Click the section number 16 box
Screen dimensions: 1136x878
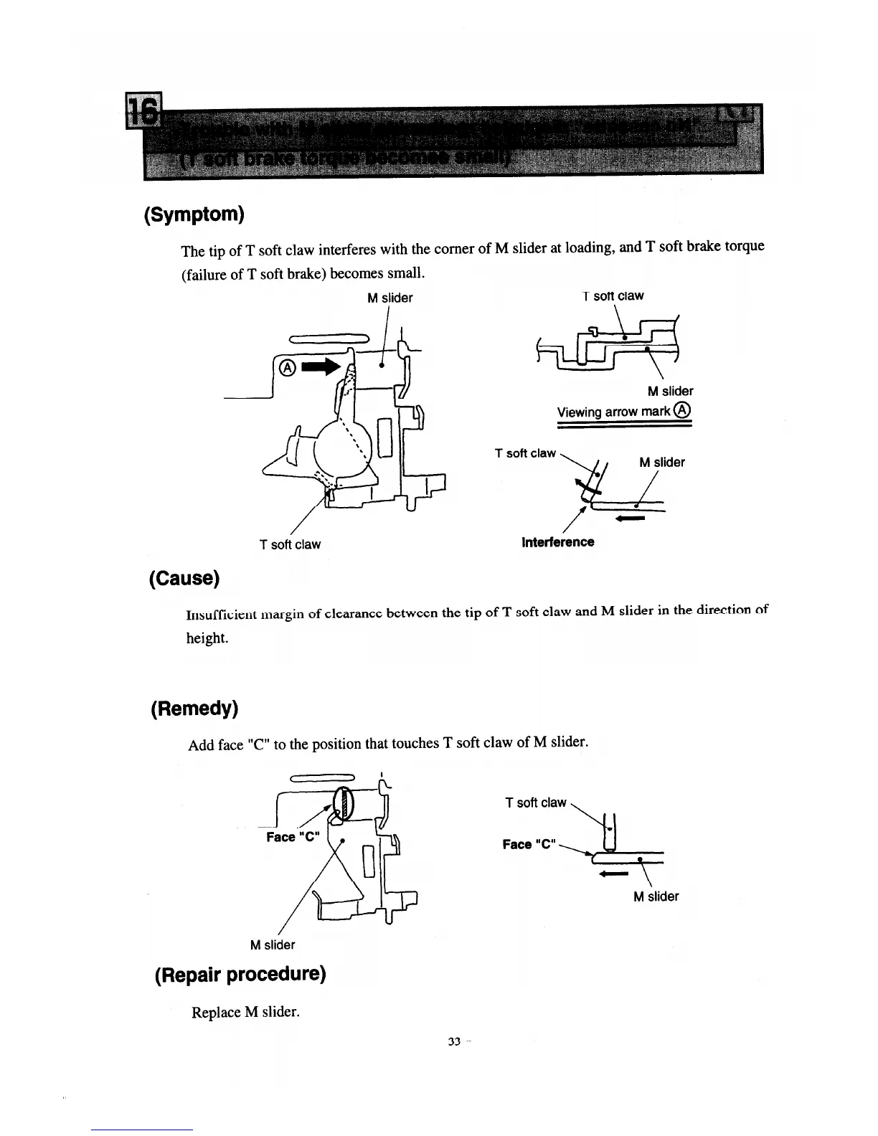[x=143, y=112]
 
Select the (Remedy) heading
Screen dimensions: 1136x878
[x=194, y=709]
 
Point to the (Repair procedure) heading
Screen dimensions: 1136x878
[x=240, y=974]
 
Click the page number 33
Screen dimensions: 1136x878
[x=453, y=1042]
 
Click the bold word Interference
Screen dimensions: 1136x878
[x=557, y=542]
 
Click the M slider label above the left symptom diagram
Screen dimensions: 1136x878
[x=390, y=298]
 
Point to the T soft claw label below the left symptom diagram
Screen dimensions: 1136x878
[x=290, y=544]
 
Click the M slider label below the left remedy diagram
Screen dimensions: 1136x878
[x=272, y=945]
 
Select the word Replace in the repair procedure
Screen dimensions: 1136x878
[x=215, y=1012]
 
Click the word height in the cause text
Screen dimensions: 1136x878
[x=207, y=638]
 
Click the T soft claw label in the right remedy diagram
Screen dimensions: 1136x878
[x=536, y=803]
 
